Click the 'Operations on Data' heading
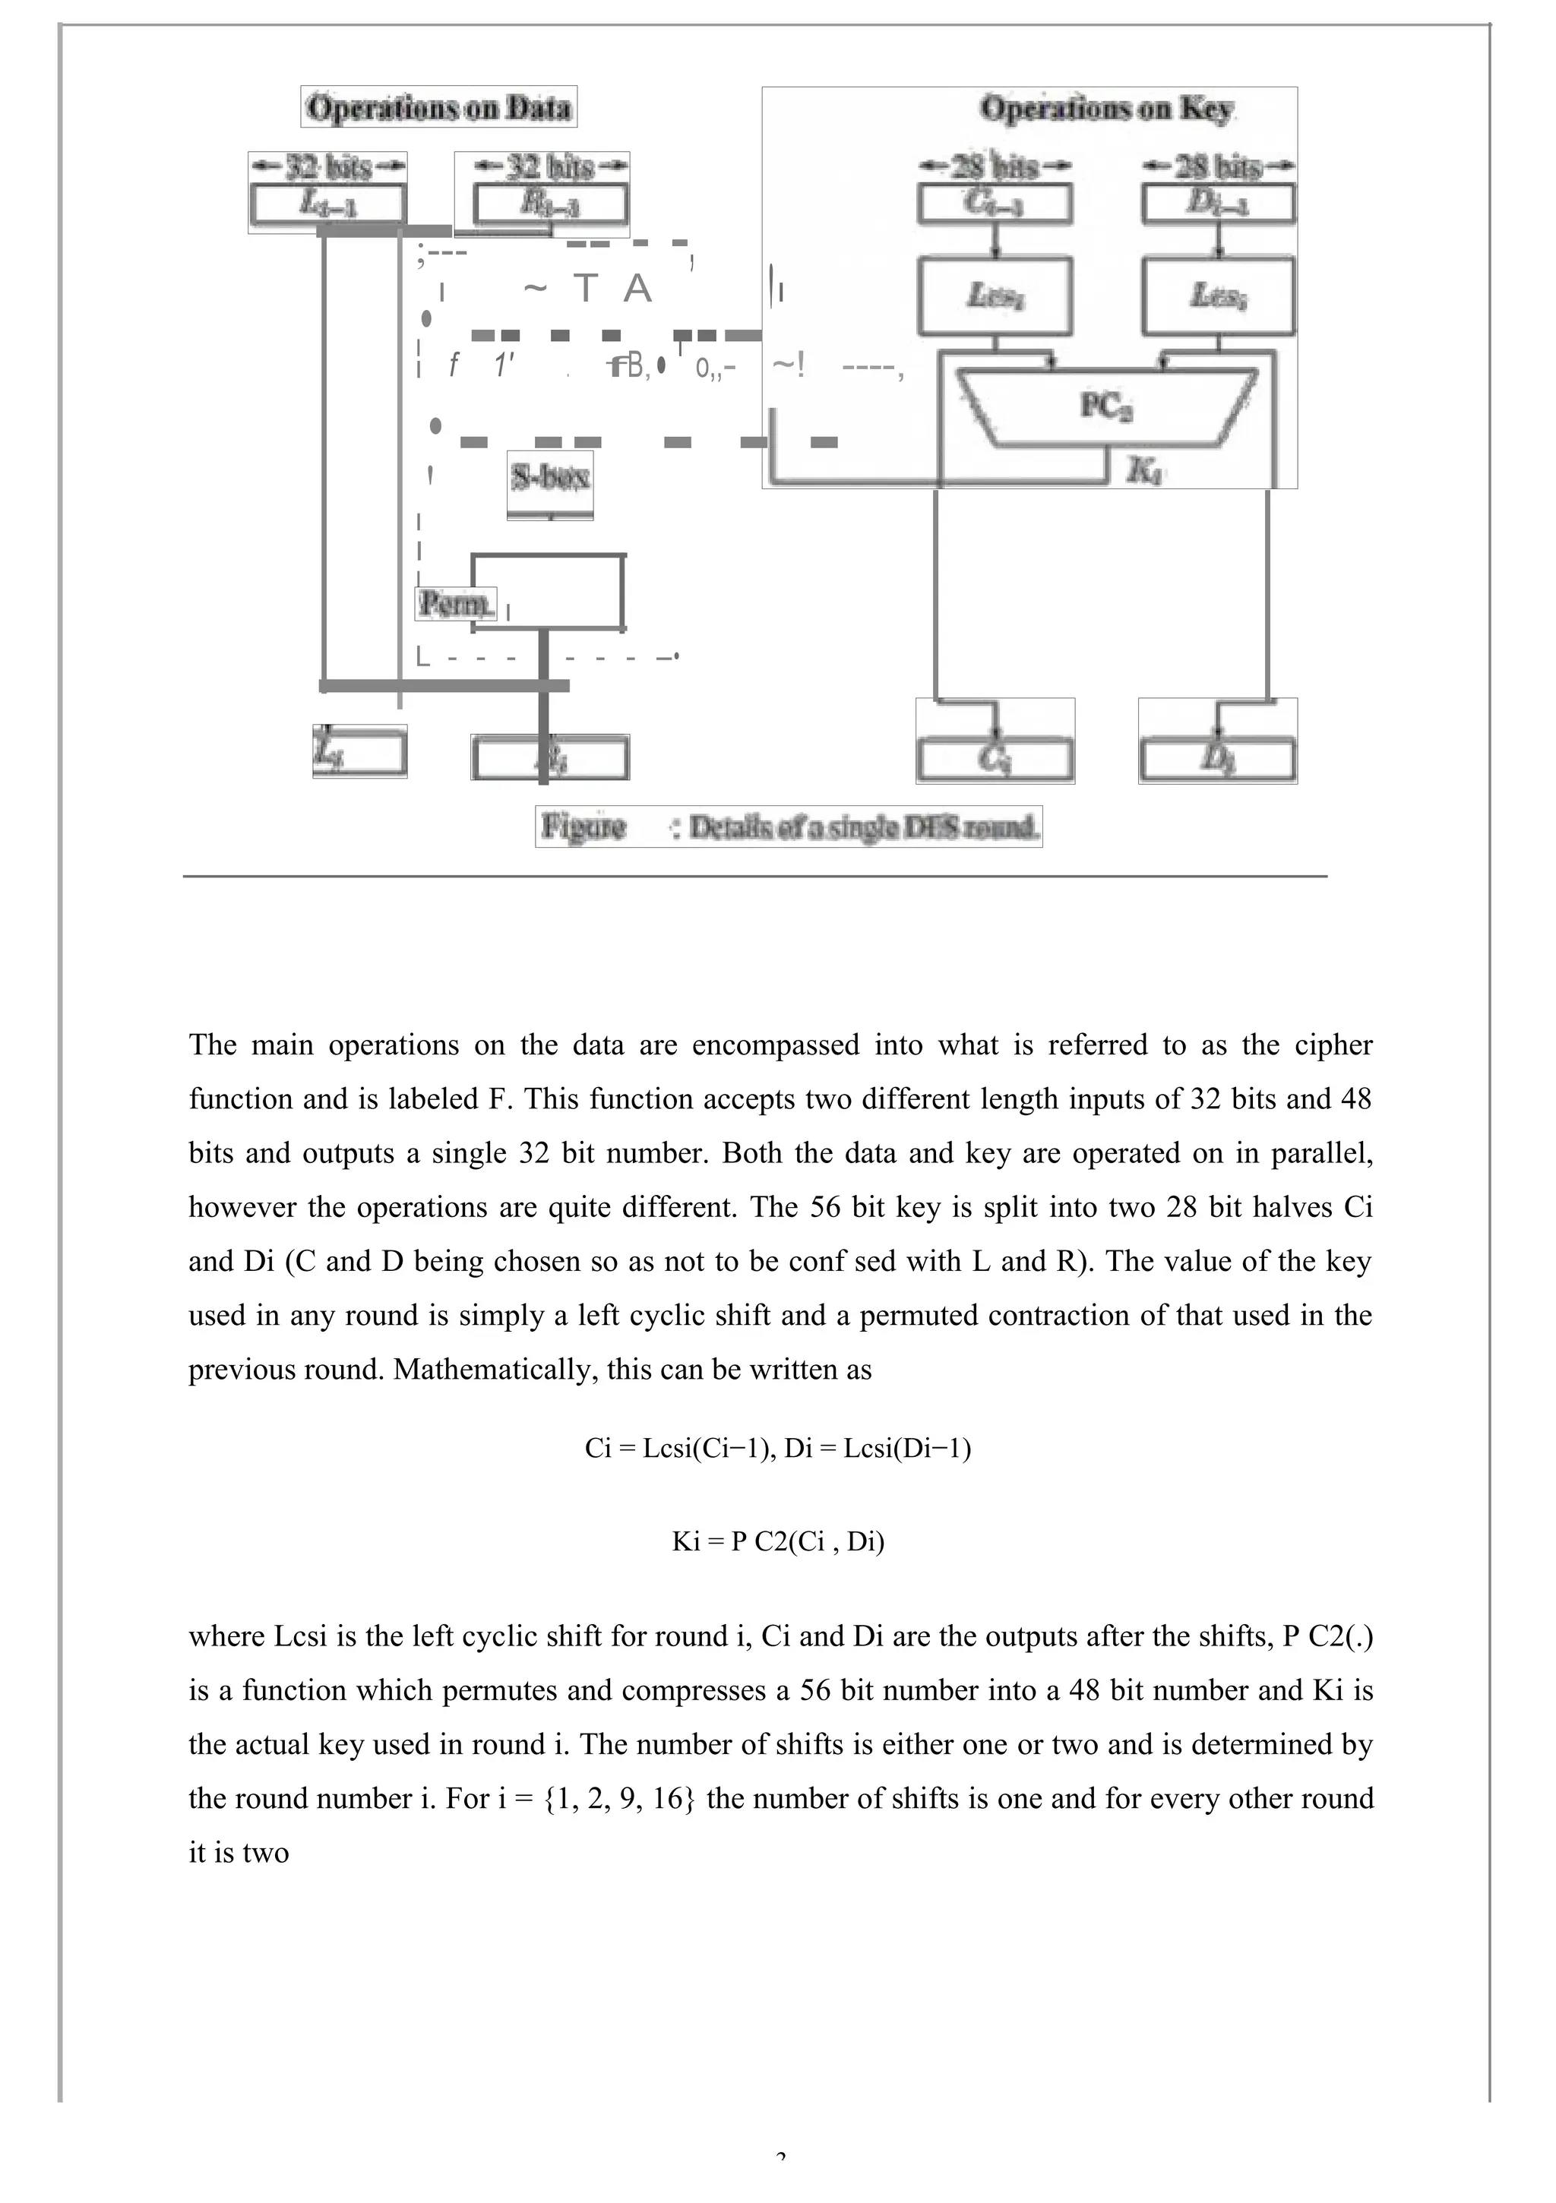438,106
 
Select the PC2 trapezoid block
1105,408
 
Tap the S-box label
549,477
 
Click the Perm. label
455,603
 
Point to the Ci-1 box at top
995,204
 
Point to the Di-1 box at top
1218,204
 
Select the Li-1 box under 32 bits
327,204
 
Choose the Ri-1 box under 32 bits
550,204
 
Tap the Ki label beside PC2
1142,470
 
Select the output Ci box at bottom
995,759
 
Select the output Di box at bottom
1217,759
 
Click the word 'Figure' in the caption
583,827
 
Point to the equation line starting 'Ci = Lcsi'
777,1447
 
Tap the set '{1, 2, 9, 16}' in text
619,1797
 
